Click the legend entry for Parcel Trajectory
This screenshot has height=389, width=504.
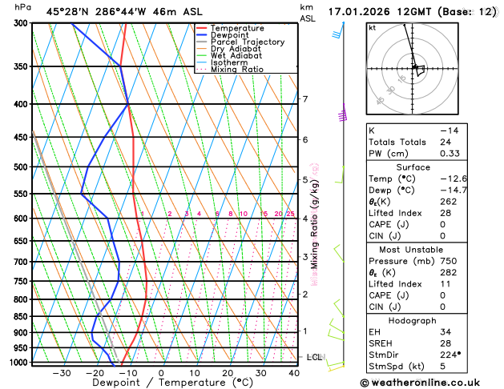coord(247,42)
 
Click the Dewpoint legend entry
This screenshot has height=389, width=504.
coord(229,35)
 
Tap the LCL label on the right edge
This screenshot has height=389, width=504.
coord(315,357)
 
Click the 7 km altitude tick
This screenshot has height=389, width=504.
coord(304,99)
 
